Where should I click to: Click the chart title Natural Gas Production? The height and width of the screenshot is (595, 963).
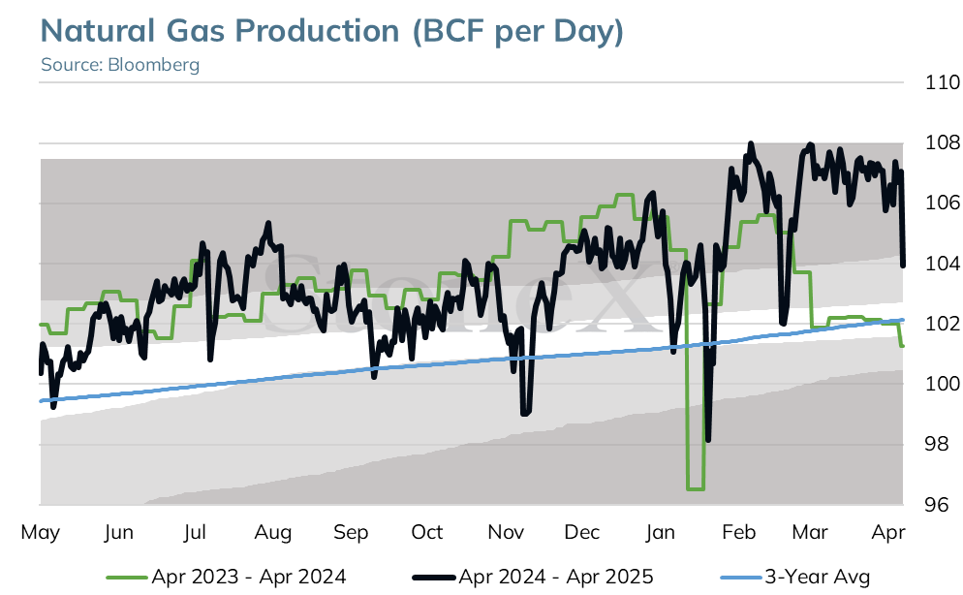tap(220, 31)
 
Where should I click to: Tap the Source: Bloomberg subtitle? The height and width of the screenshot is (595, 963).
tap(120, 65)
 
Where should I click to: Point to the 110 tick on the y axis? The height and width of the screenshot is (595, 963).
tap(943, 82)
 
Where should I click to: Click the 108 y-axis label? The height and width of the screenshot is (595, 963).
tap(943, 142)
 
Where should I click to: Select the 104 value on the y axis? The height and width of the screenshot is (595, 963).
tap(943, 264)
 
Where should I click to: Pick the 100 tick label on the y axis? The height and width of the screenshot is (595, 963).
tap(943, 384)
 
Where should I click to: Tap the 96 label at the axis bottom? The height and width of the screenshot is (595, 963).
tap(937, 505)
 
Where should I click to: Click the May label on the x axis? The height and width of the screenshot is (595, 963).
tap(41, 532)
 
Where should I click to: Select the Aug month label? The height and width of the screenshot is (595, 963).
tap(273, 532)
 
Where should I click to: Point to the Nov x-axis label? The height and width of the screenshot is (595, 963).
tap(506, 532)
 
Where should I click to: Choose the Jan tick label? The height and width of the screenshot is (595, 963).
tap(660, 532)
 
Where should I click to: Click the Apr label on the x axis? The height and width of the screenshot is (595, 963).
tap(888, 532)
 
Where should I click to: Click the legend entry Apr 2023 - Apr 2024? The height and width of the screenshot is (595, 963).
tap(226, 578)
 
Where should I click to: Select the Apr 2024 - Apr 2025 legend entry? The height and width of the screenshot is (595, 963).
tap(533, 578)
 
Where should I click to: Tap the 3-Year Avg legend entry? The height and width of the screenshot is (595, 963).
tap(795, 578)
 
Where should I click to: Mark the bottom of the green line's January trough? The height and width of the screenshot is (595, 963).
tap(696, 488)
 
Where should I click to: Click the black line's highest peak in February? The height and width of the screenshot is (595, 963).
tap(751, 144)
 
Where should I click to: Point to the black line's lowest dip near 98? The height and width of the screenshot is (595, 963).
tap(708, 440)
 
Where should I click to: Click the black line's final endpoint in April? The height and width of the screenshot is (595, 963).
tap(903, 266)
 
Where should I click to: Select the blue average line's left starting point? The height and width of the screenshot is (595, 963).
tap(41, 401)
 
